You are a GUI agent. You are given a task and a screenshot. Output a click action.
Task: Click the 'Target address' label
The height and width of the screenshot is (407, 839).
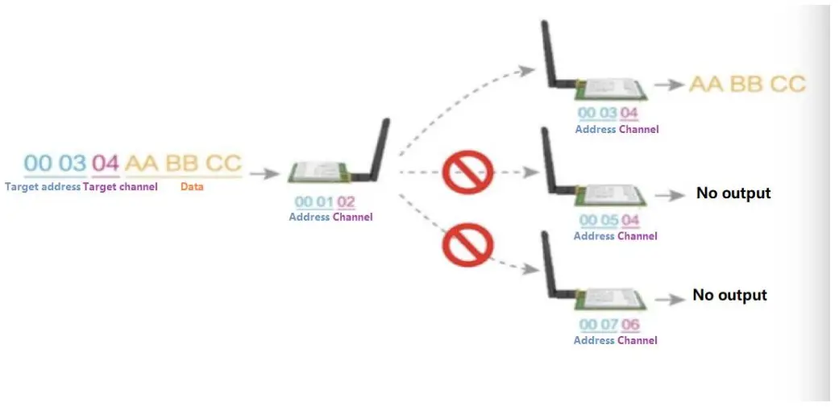click(42, 187)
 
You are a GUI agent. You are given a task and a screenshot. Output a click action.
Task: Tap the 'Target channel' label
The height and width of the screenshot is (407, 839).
click(120, 187)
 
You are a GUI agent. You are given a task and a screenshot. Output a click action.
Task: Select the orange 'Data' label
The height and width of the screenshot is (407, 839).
click(192, 187)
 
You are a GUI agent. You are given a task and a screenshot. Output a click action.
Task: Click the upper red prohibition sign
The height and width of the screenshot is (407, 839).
click(467, 172)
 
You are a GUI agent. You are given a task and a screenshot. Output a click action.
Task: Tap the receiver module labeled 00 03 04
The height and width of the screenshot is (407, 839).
click(610, 89)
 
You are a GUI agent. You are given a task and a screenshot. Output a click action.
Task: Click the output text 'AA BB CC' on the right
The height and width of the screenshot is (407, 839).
click(747, 84)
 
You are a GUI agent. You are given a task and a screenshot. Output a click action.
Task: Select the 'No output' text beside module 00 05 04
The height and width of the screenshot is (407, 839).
click(733, 193)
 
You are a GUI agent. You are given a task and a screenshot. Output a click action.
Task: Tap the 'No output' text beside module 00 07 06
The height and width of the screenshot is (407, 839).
click(729, 295)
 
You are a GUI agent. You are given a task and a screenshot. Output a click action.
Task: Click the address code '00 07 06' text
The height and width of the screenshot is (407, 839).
click(609, 326)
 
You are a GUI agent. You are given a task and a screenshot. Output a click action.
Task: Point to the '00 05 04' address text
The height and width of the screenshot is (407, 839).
click(609, 221)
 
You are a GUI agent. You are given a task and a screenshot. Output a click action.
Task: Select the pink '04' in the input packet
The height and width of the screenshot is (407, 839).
click(105, 164)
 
